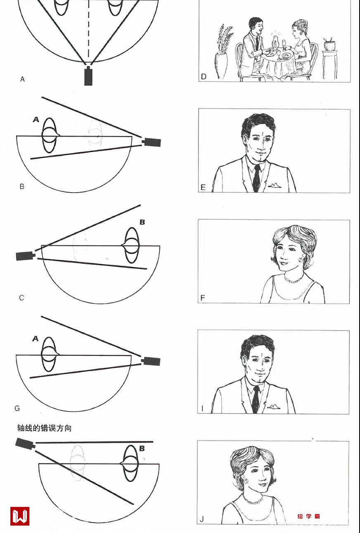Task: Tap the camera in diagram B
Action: [x=152, y=142]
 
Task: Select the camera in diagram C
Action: [x=26, y=256]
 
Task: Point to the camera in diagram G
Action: [x=151, y=361]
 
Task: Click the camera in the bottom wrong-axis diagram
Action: [x=25, y=444]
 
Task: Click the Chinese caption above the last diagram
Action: [x=44, y=428]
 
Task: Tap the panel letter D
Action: [x=204, y=77]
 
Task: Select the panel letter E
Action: [x=203, y=187]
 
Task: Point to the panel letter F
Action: [x=203, y=298]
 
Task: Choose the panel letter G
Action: [x=17, y=408]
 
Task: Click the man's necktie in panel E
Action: [x=257, y=178]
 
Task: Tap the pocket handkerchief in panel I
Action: [x=273, y=406]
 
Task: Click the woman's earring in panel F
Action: [x=302, y=257]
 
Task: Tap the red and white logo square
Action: [x=20, y=516]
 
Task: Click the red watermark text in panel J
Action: [x=308, y=516]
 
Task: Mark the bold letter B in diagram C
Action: [x=142, y=222]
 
